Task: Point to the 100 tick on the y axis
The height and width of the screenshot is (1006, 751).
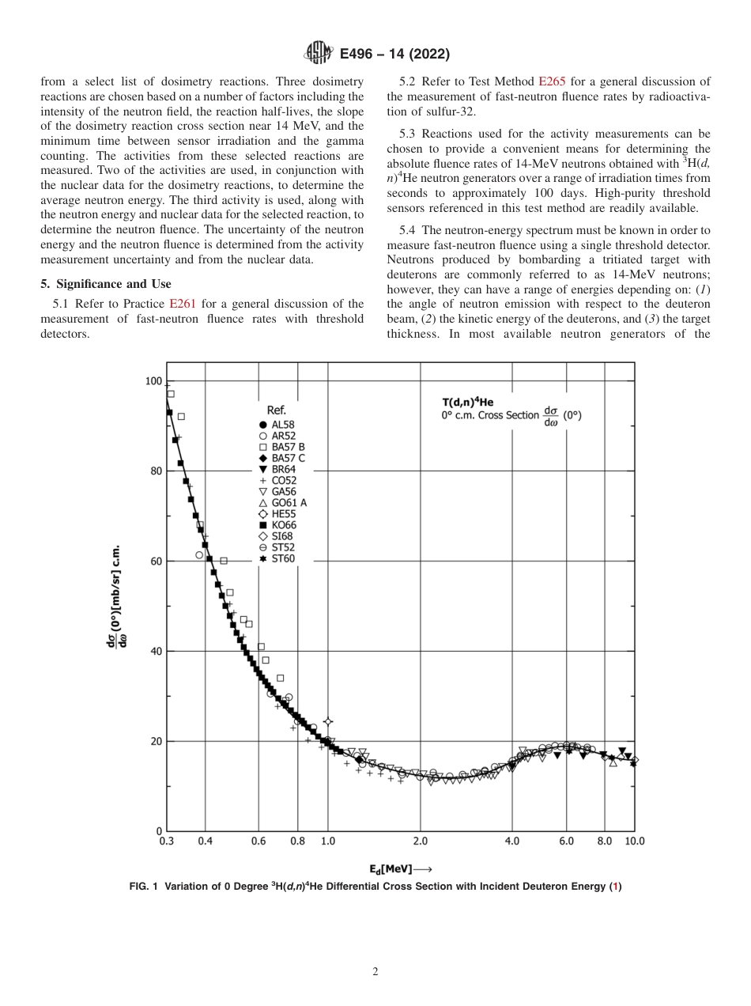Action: [x=153, y=381]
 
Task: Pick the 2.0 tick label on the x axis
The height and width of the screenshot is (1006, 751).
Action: [x=420, y=841]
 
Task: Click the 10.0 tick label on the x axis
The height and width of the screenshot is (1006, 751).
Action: [x=634, y=841]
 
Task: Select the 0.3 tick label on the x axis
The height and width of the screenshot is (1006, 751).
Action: [x=167, y=841]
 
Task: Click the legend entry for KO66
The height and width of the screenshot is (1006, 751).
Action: [x=281, y=524]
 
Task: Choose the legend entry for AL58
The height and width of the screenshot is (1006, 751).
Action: [x=281, y=424]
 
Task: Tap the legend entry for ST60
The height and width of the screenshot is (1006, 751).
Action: [x=281, y=558]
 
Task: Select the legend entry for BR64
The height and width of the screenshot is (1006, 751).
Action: [x=281, y=469]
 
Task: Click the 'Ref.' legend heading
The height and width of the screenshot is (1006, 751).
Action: [x=276, y=410]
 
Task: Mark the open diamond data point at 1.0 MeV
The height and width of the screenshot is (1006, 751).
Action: [x=328, y=721]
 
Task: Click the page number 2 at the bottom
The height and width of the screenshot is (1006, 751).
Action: [x=375, y=972]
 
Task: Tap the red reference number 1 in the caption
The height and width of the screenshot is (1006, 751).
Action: [x=615, y=887]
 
